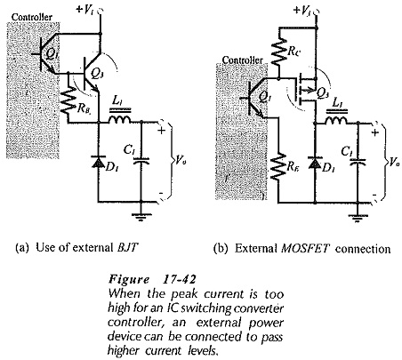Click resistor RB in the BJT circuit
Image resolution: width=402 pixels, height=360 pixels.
tap(68, 100)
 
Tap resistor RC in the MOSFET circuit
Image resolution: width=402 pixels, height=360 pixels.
tap(278, 52)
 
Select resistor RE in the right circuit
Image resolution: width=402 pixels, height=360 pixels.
tap(278, 166)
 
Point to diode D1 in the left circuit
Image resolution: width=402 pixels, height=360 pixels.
tap(99, 162)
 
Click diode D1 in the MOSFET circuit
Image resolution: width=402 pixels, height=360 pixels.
tap(315, 162)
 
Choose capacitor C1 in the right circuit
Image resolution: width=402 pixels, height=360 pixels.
tap(358, 162)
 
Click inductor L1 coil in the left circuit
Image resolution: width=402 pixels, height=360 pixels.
tap(120, 119)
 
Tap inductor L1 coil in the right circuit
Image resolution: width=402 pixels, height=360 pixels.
tap(336, 120)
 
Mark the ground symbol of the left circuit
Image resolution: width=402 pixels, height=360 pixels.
tap(141, 217)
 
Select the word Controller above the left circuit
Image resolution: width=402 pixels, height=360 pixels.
tap(32, 17)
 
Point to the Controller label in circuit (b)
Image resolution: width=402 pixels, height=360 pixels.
tap(242, 60)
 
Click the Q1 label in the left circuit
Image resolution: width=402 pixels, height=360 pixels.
tap(50, 53)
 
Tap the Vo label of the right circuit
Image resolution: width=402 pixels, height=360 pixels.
tap(394, 162)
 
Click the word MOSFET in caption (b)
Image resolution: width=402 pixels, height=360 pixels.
tap(305, 248)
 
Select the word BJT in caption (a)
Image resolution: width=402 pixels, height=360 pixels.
tap(127, 247)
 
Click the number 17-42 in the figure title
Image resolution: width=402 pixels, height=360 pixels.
tap(180, 279)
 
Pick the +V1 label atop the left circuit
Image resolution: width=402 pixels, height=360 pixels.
tap(86, 10)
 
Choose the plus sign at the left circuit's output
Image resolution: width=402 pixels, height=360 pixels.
tap(161, 131)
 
